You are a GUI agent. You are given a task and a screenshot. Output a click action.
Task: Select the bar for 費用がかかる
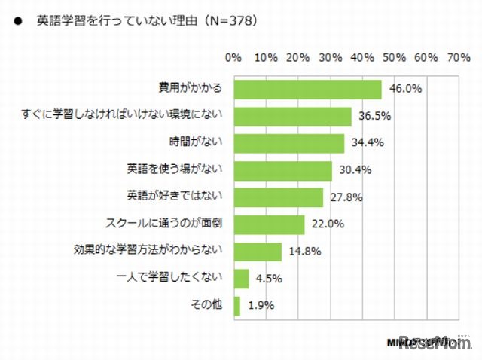(307, 90)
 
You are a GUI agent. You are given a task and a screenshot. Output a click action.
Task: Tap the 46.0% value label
(405, 90)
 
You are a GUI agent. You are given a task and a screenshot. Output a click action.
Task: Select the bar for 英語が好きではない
(278, 197)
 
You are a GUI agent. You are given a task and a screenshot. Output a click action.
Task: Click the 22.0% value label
(328, 224)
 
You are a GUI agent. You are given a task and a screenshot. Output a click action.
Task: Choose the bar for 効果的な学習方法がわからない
(258, 252)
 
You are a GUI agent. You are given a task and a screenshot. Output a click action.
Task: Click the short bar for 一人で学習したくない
(241, 279)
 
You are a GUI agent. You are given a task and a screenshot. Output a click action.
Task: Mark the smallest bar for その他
(237, 306)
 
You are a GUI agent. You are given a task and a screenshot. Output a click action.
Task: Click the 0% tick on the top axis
(233, 57)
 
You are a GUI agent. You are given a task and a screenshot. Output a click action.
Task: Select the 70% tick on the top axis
(458, 57)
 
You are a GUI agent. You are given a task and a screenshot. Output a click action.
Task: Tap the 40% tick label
(361, 57)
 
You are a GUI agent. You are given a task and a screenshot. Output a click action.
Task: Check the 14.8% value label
(304, 252)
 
